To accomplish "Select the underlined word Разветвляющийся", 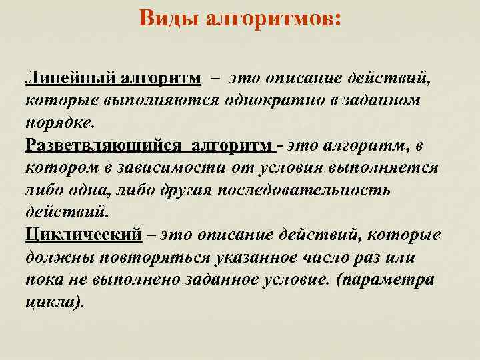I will point(104,145).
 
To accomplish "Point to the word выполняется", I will point(386,167).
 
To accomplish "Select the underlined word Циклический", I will point(84,235).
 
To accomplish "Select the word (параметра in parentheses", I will point(386,280).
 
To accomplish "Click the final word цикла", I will point(55,302).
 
